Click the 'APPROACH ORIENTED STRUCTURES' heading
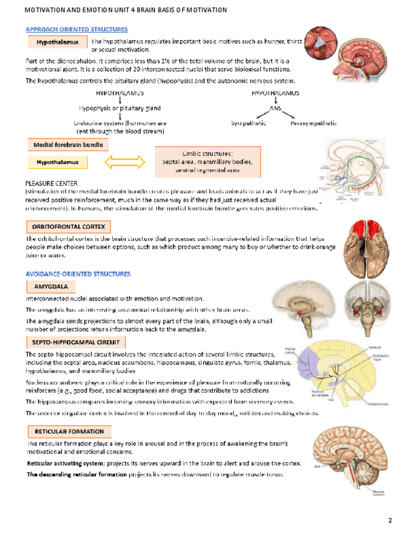(76, 30)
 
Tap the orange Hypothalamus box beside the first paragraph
(57, 43)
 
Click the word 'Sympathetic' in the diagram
(248, 122)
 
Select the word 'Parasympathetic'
(314, 122)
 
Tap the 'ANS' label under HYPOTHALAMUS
(275, 109)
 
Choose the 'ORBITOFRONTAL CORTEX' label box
(68, 226)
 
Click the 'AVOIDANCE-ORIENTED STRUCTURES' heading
(77, 273)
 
